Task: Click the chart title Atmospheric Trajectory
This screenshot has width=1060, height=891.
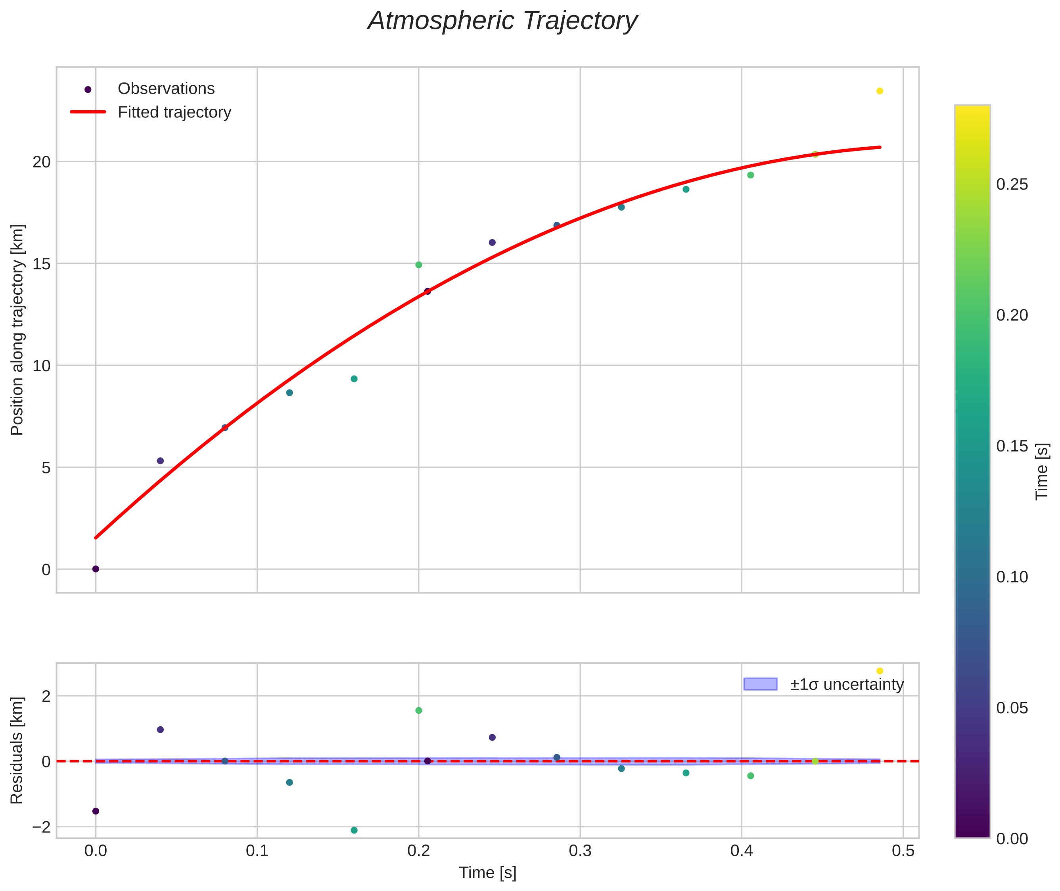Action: [502, 21]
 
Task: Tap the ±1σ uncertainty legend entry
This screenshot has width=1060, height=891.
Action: [823, 684]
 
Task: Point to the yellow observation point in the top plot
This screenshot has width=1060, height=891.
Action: [880, 91]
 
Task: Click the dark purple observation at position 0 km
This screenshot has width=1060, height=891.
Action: [96, 569]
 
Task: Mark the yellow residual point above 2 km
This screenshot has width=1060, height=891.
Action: [880, 671]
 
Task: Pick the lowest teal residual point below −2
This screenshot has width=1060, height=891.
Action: [354, 830]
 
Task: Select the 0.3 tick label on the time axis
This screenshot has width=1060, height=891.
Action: [580, 851]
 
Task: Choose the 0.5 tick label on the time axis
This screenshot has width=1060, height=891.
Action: [903, 851]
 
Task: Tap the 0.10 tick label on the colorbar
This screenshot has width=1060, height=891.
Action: [1012, 577]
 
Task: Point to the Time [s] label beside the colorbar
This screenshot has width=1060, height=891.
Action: [1042, 472]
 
